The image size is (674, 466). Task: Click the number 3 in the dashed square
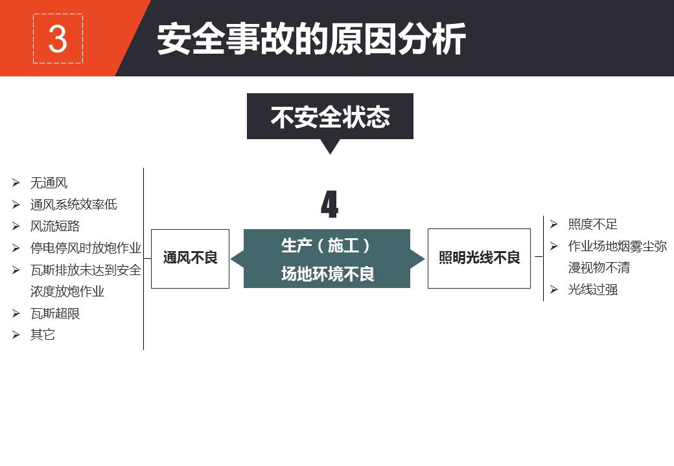click(x=58, y=39)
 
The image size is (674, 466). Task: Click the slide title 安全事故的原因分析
click(x=311, y=39)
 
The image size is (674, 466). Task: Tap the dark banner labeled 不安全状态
click(x=330, y=116)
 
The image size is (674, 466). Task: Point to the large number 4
click(x=330, y=205)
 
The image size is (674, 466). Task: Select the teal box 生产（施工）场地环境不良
click(x=327, y=259)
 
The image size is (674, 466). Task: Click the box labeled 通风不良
click(x=190, y=258)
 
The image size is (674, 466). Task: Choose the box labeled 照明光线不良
click(x=479, y=258)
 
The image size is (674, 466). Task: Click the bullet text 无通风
click(x=49, y=183)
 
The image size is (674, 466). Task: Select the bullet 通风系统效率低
click(x=73, y=205)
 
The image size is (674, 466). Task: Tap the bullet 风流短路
click(x=55, y=227)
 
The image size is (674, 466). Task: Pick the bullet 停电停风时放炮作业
click(x=86, y=248)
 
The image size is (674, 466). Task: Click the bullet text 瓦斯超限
click(x=55, y=313)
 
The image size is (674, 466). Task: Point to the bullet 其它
click(x=43, y=335)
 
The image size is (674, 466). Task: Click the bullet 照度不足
click(x=592, y=225)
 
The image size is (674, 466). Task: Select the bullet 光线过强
click(x=592, y=289)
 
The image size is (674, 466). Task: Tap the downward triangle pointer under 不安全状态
click(x=330, y=146)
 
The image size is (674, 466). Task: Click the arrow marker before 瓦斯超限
click(x=16, y=313)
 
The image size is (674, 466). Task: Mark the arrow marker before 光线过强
click(x=554, y=289)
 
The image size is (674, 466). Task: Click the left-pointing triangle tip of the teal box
click(x=237, y=259)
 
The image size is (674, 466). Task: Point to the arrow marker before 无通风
click(x=16, y=183)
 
